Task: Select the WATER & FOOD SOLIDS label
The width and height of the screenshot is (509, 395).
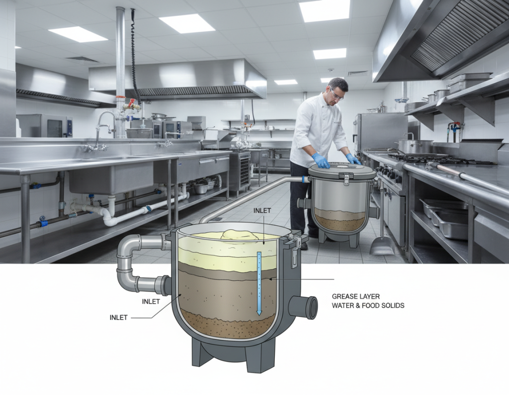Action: click(x=368, y=306)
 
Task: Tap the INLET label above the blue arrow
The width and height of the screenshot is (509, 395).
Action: click(x=262, y=210)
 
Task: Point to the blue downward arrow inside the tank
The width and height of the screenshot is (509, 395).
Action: click(x=258, y=283)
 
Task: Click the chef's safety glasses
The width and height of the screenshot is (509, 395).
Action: click(x=337, y=94)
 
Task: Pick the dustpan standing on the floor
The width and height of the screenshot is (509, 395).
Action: click(x=382, y=243)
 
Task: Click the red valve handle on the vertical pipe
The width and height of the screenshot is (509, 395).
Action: click(x=131, y=104)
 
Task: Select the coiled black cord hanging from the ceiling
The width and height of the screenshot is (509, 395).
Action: click(x=134, y=55)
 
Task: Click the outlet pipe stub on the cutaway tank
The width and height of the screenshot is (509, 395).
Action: click(x=304, y=307)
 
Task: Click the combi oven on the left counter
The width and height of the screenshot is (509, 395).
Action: click(x=45, y=126)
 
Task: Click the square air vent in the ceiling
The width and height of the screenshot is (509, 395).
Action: click(x=83, y=59)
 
